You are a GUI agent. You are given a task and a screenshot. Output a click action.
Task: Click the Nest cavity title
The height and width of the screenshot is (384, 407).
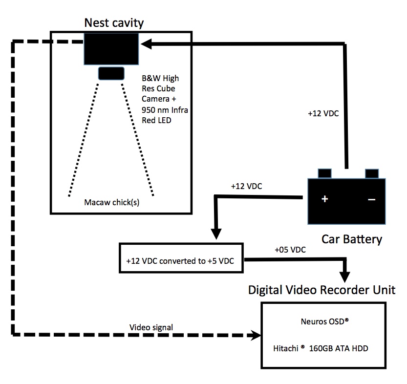[x=114, y=22]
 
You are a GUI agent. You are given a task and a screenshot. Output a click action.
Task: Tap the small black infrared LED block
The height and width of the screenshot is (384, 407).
[x=111, y=73]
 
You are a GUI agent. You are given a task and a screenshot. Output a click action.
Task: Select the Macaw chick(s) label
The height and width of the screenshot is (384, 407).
[x=111, y=203]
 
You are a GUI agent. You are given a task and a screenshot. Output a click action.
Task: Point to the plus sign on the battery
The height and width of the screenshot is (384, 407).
[x=324, y=199]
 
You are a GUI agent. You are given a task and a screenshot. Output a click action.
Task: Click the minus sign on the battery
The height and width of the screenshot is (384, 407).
[x=371, y=199]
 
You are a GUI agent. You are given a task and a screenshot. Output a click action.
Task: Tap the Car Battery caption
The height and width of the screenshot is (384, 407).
[x=351, y=239]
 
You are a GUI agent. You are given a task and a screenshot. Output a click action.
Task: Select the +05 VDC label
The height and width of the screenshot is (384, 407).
[x=290, y=250]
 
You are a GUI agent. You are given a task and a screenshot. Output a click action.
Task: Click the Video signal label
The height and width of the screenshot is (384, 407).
[x=150, y=327]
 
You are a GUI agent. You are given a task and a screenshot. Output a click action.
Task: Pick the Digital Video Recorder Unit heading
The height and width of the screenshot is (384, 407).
[x=321, y=290]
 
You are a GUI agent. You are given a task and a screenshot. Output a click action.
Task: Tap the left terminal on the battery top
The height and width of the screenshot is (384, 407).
[x=324, y=173]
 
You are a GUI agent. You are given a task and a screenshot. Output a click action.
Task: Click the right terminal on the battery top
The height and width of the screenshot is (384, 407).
[x=371, y=173]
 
